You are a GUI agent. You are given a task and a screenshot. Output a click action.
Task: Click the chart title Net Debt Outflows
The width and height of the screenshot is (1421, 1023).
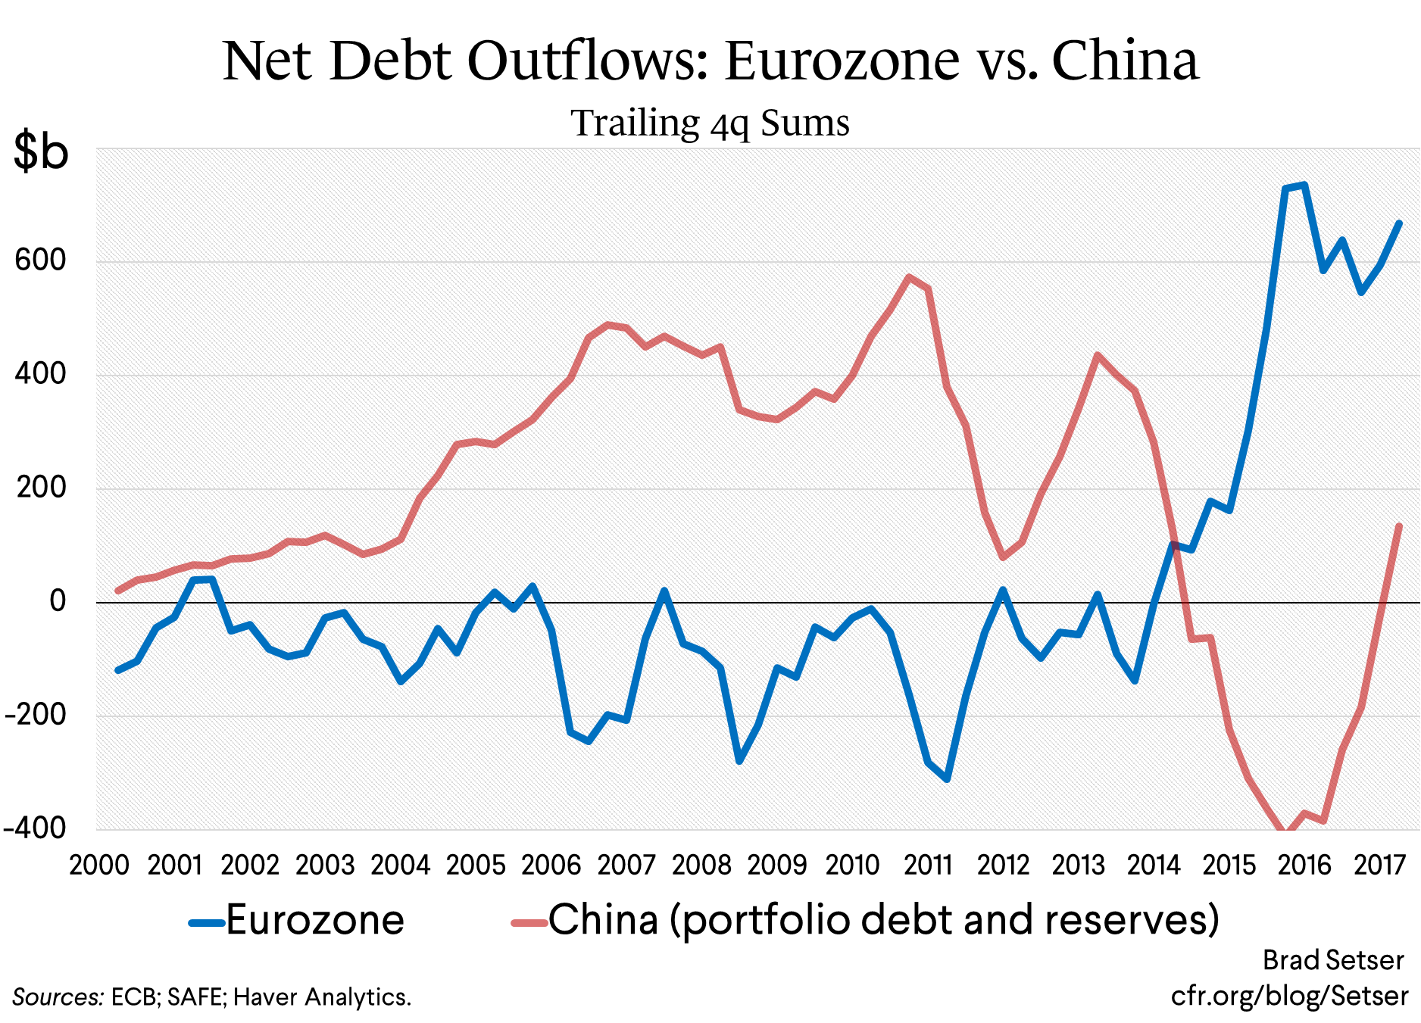pos(710,61)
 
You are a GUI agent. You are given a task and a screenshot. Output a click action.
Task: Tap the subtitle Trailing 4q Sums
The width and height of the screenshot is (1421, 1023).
pos(710,123)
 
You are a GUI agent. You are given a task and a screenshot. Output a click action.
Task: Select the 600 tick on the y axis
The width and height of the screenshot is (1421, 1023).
pos(41,260)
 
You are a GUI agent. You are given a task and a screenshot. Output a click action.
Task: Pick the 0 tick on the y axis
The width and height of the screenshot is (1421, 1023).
pos(58,601)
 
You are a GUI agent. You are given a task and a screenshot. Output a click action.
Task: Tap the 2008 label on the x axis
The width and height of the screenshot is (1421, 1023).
pos(701,865)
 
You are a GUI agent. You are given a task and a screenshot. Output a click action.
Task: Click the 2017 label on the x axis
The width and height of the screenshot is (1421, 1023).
pos(1379,865)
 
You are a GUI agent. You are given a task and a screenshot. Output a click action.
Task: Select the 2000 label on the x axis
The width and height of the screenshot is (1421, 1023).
pos(99,865)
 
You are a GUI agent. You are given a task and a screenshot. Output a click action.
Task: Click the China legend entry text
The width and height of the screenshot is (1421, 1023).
pos(883,920)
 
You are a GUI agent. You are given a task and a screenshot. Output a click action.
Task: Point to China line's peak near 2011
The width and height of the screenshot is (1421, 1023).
pos(909,277)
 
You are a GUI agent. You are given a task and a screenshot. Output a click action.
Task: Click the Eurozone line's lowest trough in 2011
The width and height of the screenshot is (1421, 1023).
pos(947,778)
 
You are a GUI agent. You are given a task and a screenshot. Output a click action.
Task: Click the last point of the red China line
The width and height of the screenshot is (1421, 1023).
pos(1399,526)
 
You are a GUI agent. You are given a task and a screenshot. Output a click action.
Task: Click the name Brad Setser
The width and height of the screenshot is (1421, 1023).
pos(1333,960)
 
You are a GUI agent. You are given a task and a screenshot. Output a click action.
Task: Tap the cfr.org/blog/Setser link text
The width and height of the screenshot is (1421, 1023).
pos(1289,996)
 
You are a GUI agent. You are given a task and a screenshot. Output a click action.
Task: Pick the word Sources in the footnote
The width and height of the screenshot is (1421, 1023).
pos(58,997)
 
